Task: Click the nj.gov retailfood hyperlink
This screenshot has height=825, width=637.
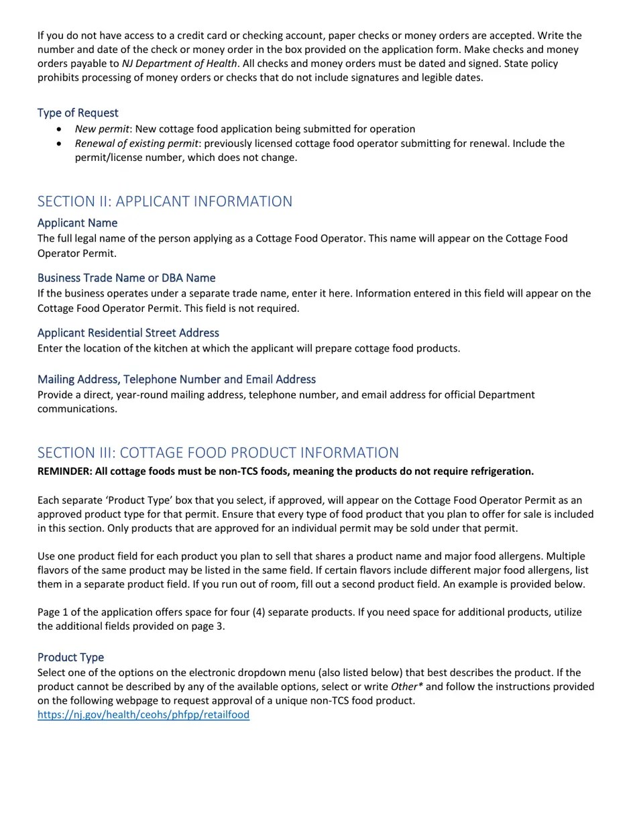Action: tap(143, 715)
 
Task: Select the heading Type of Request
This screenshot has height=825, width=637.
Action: tap(78, 113)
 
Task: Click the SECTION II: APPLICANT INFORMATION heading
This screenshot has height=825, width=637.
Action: tap(164, 201)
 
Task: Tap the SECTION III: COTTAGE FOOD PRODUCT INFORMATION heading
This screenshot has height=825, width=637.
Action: tap(218, 452)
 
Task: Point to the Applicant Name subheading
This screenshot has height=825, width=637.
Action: tap(77, 223)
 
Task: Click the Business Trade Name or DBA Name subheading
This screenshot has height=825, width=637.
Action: tap(126, 278)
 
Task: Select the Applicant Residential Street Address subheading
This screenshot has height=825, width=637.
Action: tap(128, 333)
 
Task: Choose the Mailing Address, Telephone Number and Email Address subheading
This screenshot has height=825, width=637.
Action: tap(176, 380)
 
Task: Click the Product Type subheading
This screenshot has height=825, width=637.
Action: tap(70, 657)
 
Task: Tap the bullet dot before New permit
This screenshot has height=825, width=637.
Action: tap(60, 129)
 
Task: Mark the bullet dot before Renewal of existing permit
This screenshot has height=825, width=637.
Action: tap(60, 144)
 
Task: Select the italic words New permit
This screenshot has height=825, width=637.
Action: tap(101, 129)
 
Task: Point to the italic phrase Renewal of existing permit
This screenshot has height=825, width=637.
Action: tap(136, 144)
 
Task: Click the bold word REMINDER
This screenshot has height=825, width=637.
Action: tap(64, 472)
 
